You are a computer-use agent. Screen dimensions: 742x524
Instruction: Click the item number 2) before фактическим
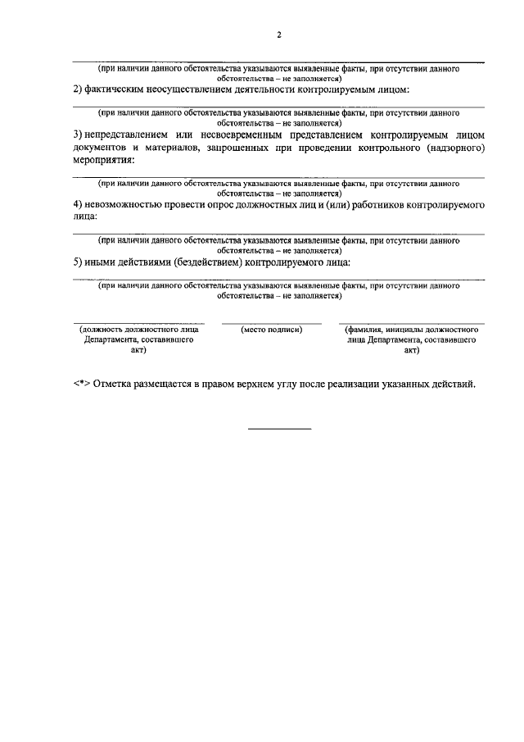point(79,89)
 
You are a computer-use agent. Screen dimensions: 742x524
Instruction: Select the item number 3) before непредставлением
point(77,134)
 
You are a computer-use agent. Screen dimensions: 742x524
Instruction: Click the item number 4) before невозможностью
point(78,203)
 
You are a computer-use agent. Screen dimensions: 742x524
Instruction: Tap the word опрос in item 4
point(238,203)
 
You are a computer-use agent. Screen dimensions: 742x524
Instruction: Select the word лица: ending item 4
point(85,216)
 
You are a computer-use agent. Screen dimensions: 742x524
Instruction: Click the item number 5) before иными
point(78,262)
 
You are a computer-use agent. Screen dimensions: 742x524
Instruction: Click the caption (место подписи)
point(271,330)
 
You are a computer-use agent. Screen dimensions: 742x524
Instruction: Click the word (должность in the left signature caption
point(102,330)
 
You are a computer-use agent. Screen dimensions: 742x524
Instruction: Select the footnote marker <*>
point(81,385)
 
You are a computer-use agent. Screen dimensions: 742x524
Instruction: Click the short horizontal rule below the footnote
point(279,429)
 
